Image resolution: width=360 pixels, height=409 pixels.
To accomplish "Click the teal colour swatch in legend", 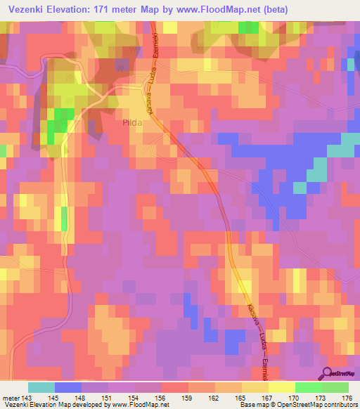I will click(41, 387).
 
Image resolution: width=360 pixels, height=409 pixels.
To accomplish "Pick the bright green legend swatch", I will click(309, 387).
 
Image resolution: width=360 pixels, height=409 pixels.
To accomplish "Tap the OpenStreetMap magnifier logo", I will click(328, 372).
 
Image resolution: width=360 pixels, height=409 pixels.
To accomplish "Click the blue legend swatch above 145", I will click(68, 387).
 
